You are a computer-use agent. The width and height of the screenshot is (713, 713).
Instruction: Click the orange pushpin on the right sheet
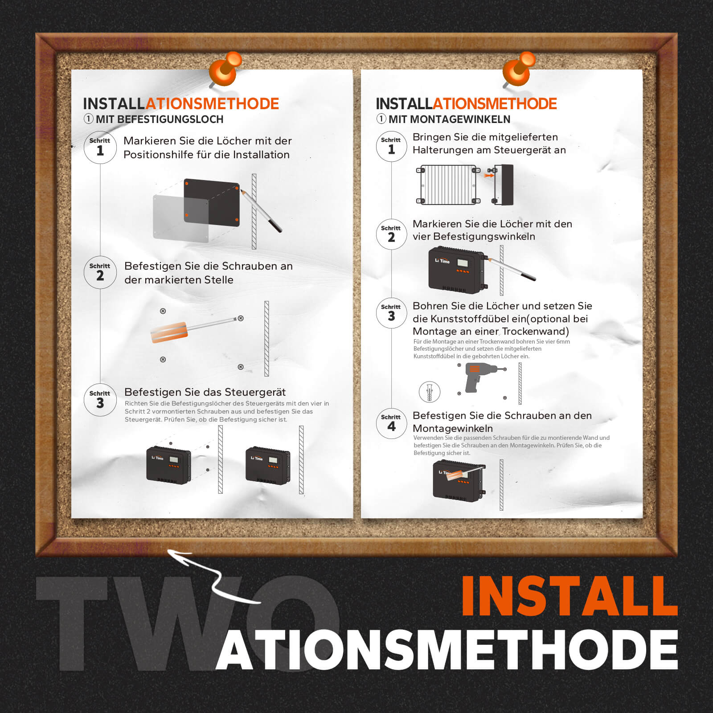(x=519, y=68)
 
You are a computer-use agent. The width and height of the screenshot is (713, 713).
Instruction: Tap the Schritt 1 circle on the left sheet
(x=100, y=148)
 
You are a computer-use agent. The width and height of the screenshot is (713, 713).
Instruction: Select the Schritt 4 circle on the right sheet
(x=391, y=423)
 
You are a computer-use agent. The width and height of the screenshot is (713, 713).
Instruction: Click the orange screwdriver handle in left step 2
(x=169, y=332)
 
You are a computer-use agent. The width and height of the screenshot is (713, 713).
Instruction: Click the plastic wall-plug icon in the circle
(x=430, y=392)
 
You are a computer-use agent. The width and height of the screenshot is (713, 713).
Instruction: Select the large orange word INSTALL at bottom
(x=569, y=596)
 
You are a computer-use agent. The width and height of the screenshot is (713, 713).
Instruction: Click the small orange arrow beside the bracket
(x=489, y=176)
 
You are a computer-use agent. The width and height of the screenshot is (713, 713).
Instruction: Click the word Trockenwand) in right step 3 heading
(x=535, y=331)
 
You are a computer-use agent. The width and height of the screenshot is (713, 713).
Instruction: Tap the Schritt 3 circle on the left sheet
(x=100, y=400)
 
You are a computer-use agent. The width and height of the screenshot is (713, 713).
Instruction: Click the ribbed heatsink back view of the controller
(x=448, y=184)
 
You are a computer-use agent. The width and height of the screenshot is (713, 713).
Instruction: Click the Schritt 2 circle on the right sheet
(x=391, y=234)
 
